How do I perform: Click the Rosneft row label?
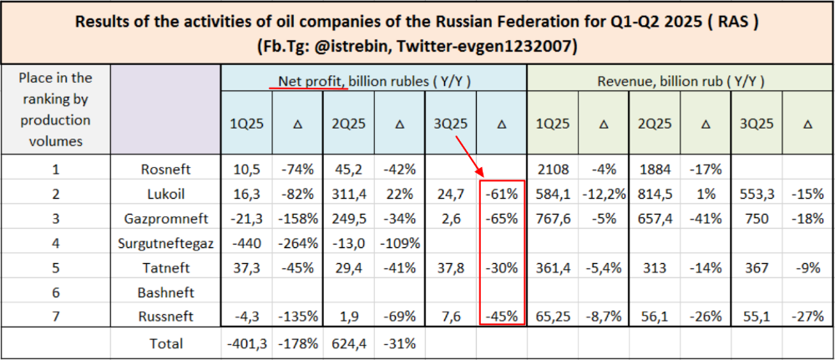[165, 170]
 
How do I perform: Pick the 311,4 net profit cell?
[349, 195]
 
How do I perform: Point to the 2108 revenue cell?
[552, 170]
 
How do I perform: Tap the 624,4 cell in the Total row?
[349, 342]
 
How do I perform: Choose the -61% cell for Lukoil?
[501, 195]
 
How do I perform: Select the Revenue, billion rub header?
[681, 81]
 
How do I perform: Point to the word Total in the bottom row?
[165, 342]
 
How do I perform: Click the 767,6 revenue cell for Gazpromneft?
[552, 219]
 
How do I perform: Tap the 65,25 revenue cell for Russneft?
[552, 317]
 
